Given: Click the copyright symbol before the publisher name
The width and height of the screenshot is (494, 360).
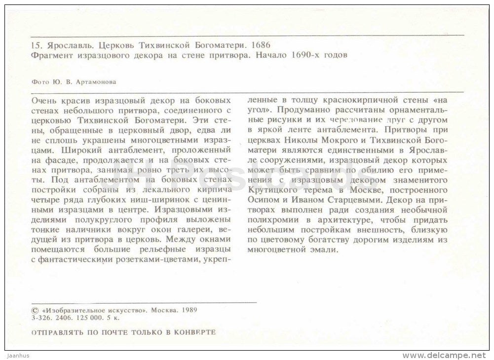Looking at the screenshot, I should pos(34,311).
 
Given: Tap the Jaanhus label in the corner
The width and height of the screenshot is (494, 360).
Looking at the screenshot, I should pos(16,355).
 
